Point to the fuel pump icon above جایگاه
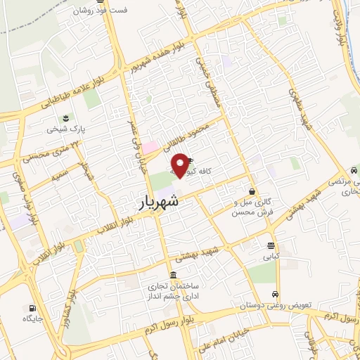click(31, 308)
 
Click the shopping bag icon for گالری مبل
click(252, 191)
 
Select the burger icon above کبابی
click(271, 245)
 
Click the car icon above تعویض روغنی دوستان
click(275, 295)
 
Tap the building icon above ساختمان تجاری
click(173, 274)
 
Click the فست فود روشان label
click(102, 11)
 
